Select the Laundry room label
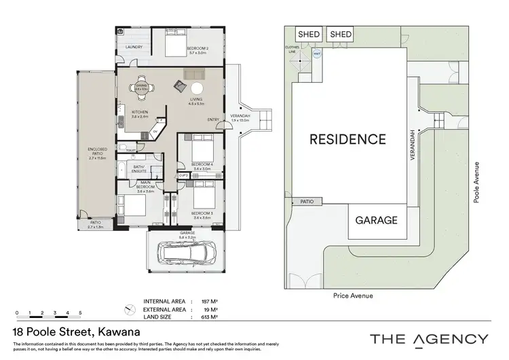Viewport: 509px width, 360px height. point(132,47)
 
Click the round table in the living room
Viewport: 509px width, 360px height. point(197,87)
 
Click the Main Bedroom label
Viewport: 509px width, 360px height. point(145,185)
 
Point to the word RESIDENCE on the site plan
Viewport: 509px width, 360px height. point(348,139)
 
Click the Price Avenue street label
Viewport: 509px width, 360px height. point(350,295)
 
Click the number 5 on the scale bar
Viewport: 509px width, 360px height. point(80,313)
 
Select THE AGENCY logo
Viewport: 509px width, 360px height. point(428,339)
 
